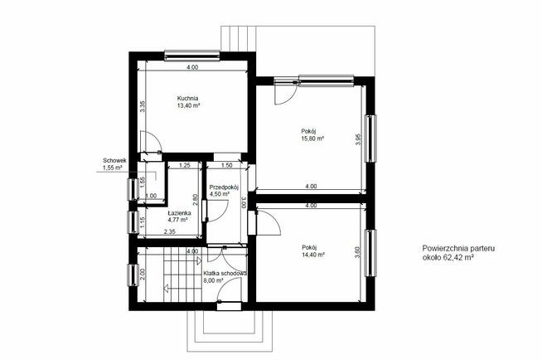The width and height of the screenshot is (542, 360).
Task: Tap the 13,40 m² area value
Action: pos(189,106)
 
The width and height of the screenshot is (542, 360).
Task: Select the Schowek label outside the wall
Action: pos(114,160)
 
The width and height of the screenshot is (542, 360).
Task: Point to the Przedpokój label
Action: pos(224,187)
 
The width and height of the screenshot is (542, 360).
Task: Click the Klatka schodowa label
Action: pos(225,273)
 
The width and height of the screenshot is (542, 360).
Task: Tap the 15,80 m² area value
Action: pos(312,139)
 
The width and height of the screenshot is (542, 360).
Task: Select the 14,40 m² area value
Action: pos(312,255)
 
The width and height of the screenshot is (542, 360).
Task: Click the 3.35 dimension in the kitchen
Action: pos(143,106)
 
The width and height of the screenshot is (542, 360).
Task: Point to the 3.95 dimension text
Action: pos(358,139)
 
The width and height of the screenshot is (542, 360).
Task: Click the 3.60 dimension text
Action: pos(358,251)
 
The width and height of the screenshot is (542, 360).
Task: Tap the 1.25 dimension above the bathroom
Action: pos(185,165)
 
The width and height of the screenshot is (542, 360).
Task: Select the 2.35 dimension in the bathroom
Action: pos(169,232)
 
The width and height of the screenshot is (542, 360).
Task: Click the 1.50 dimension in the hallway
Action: pos(226,165)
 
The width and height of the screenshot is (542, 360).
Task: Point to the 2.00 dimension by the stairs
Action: pos(143,274)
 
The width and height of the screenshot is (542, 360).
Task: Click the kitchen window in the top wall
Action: pos(191,56)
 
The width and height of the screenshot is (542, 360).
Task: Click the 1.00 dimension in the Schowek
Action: pos(151,196)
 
